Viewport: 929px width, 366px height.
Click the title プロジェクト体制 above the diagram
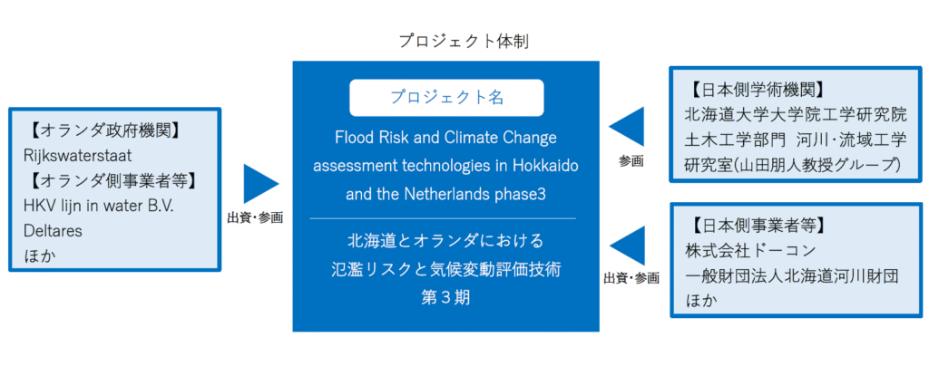tap(463, 42)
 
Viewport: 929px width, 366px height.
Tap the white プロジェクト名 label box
tap(446, 98)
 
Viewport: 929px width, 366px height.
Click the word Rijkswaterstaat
tap(78, 156)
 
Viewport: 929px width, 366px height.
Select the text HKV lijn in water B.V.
tap(98, 206)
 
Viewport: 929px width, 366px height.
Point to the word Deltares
tap(54, 231)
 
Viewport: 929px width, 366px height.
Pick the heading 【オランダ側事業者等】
tap(111, 180)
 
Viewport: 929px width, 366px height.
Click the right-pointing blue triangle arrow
tap(260, 183)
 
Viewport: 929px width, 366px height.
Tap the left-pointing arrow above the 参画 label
tap(626, 127)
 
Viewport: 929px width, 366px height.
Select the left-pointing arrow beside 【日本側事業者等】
tap(626, 246)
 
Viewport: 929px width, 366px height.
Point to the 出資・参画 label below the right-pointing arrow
tap(255, 217)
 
